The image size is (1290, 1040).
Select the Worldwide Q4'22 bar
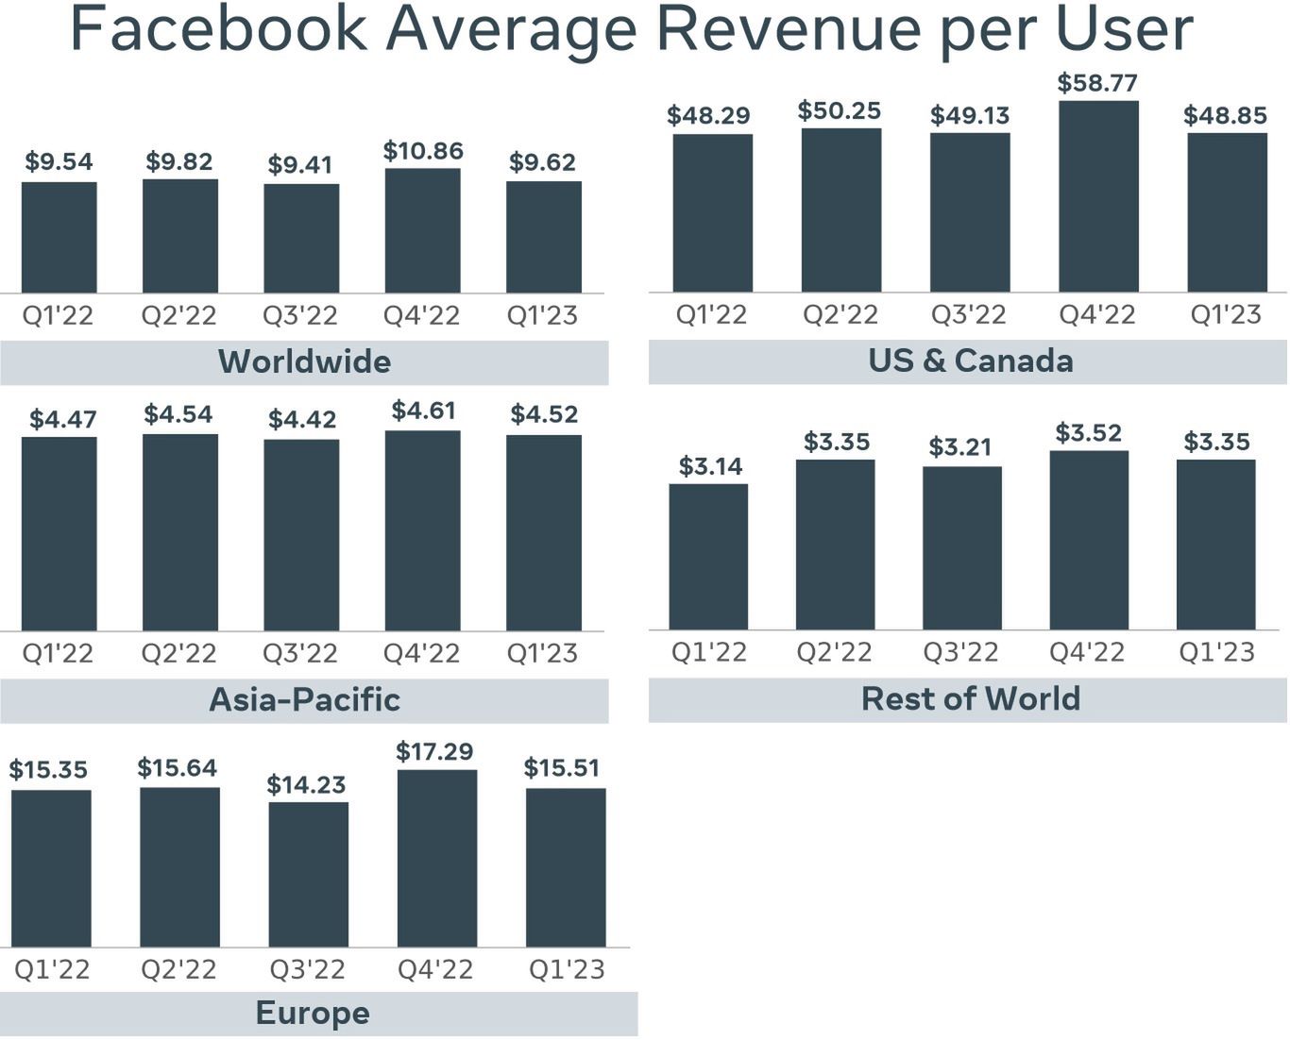(x=422, y=231)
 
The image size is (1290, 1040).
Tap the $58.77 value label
(x=1097, y=83)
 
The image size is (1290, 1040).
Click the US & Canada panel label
(x=970, y=361)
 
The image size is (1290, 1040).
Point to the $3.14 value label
(x=710, y=466)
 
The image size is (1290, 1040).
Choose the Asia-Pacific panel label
(x=304, y=699)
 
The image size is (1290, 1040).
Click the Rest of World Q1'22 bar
(x=708, y=557)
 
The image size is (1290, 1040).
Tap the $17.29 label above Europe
(x=434, y=751)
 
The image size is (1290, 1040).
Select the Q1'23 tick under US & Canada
(x=1225, y=314)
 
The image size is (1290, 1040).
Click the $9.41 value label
(x=300, y=165)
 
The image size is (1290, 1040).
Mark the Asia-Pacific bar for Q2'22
(x=180, y=532)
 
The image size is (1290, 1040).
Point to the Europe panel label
(x=313, y=1013)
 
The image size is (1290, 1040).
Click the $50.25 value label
(x=840, y=110)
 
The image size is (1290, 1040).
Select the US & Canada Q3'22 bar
(x=970, y=212)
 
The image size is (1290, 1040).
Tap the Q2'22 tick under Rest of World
(x=835, y=652)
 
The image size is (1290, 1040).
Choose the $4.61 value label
(x=423, y=411)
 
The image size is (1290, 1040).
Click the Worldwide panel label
(x=304, y=361)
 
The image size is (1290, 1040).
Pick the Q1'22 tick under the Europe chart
(x=52, y=969)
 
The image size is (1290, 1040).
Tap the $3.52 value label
(x=1089, y=433)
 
